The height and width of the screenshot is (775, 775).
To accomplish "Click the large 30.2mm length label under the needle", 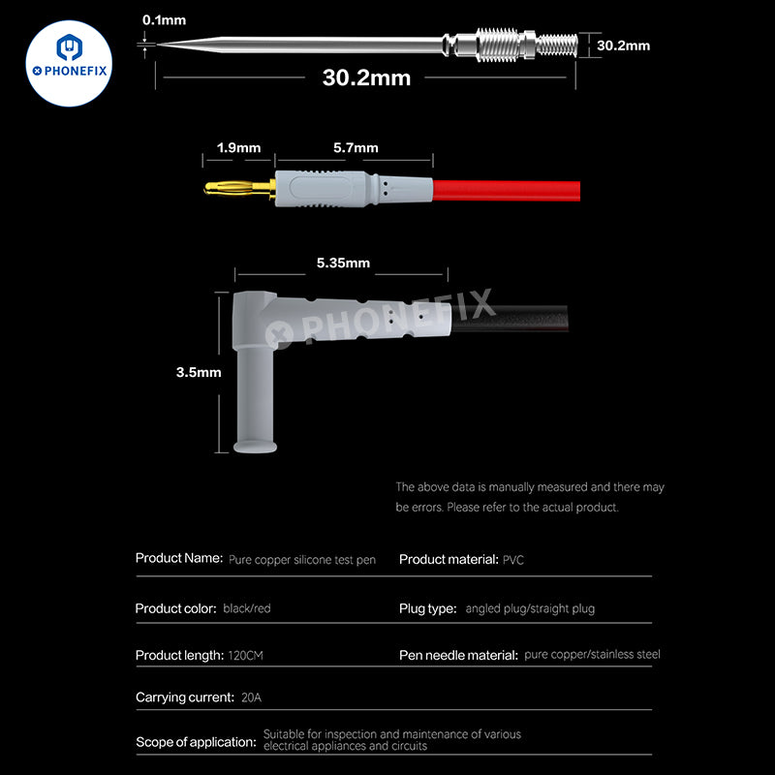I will pyautogui.click(x=366, y=77).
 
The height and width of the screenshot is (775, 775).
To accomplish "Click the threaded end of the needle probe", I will pyautogui.click(x=557, y=45).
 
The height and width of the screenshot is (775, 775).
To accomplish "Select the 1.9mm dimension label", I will pyautogui.click(x=237, y=148).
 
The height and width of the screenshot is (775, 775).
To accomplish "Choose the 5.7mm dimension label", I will pyautogui.click(x=355, y=148).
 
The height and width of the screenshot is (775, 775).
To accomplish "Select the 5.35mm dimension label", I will pyautogui.click(x=343, y=263).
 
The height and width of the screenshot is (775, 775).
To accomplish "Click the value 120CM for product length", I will pyautogui.click(x=246, y=656).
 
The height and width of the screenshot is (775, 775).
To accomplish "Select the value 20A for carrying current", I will pyautogui.click(x=253, y=697).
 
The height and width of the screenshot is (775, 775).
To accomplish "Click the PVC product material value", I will pyautogui.click(x=513, y=560).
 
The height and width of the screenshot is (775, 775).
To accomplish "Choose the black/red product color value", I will pyautogui.click(x=248, y=609).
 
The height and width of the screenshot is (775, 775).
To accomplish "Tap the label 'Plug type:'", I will pyautogui.click(x=427, y=609).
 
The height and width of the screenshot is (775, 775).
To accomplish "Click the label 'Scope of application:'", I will pyautogui.click(x=196, y=741).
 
